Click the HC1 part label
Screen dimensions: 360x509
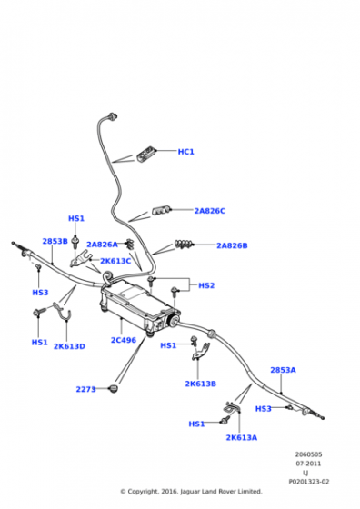[185, 152]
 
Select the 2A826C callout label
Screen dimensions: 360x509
[209, 211]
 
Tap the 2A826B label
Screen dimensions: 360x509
[232, 245]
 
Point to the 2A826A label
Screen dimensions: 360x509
[102, 245]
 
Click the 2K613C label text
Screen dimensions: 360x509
[115, 261]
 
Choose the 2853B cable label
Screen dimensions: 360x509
[55, 241]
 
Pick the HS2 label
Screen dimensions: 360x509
[206, 285]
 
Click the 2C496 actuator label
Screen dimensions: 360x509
[124, 340]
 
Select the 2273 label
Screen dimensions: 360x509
[85, 389]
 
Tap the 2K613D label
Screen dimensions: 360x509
[69, 346]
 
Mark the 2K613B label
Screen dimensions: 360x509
[200, 384]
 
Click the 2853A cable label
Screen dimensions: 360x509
[283, 370]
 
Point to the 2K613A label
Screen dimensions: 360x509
[241, 437]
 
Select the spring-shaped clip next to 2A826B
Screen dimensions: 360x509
[184, 244]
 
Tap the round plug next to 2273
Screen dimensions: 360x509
[114, 388]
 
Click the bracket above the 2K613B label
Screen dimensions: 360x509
[201, 351]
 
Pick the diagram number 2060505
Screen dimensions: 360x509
[308, 454]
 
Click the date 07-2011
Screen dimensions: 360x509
[308, 464]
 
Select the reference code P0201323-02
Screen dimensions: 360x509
[308, 482]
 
